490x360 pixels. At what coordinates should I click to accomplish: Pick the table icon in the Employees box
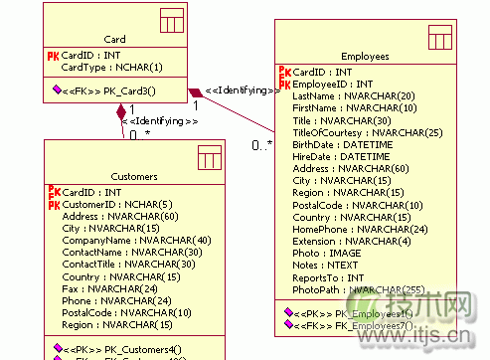(440, 38)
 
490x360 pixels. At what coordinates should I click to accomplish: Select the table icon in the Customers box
(209, 156)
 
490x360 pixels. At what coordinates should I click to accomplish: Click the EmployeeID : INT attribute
(333, 85)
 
